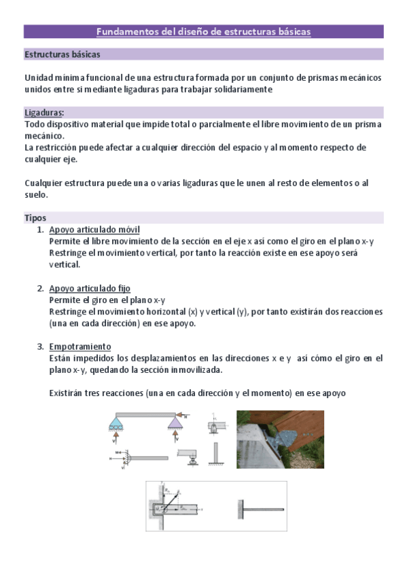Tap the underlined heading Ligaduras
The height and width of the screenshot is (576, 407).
coord(44,113)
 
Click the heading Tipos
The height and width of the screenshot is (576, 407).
coord(35,218)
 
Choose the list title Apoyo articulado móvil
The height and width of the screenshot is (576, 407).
coord(94,230)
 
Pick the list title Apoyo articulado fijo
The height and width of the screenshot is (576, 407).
coord(90,289)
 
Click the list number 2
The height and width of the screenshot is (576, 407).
coord(40,289)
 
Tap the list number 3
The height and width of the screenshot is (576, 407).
coord(40,346)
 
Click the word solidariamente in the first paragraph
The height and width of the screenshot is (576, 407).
coord(238,89)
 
